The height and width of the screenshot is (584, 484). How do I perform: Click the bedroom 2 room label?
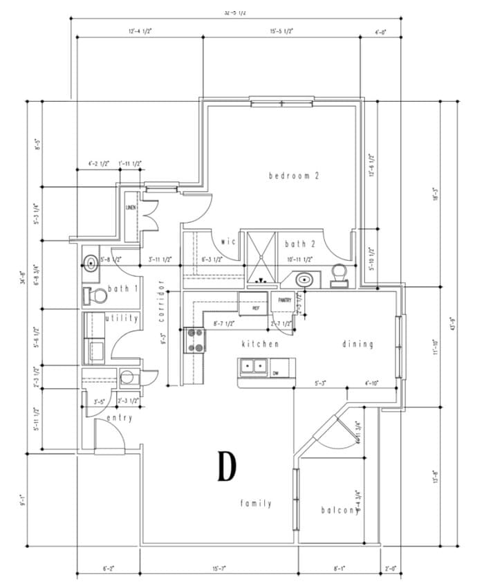pos(293,176)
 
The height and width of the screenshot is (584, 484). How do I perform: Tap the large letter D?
pos(226,466)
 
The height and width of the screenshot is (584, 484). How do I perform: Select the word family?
pos(256,503)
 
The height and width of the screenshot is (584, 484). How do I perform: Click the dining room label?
pos(357,344)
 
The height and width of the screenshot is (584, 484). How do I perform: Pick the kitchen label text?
pos(260,344)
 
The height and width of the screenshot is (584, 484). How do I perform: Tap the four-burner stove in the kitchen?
pos(196,339)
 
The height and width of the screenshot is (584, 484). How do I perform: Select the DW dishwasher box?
pos(275,373)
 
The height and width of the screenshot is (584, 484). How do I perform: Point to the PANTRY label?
pos(285,300)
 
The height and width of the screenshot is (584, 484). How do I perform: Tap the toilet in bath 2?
pos(339,275)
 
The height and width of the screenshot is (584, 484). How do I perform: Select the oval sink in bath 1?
pos(90,262)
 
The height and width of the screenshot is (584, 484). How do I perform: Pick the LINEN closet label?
pos(131,208)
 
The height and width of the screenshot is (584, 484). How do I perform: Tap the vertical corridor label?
pos(160,302)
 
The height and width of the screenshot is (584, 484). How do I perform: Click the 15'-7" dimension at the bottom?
pos(219,569)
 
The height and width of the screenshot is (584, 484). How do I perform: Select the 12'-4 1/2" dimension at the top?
pos(140,31)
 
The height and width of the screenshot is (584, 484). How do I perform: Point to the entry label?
pos(119,419)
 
